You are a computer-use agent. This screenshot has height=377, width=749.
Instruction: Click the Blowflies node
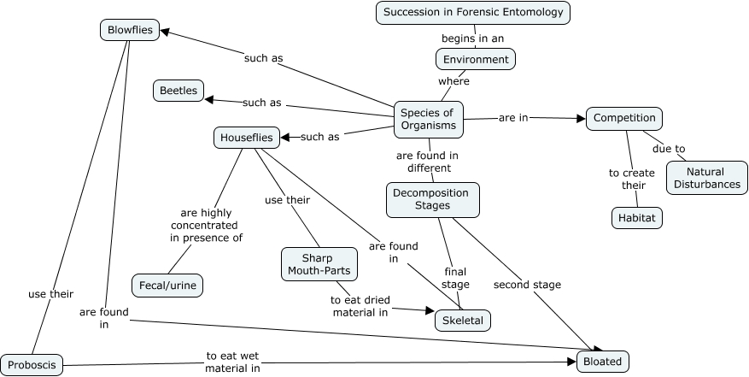(x=130, y=31)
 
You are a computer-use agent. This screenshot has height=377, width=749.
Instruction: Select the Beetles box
(x=178, y=90)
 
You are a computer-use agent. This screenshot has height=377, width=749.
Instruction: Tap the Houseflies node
(x=246, y=137)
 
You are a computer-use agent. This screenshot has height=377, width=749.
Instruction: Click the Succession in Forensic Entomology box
(x=473, y=13)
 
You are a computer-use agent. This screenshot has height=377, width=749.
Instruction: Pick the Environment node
(x=476, y=59)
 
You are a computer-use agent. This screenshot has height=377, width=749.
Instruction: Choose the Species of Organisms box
(x=429, y=118)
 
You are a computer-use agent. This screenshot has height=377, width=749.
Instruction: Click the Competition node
(x=624, y=118)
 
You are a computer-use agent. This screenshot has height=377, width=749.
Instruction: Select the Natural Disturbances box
(x=705, y=179)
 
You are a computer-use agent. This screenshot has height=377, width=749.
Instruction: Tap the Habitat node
(x=637, y=218)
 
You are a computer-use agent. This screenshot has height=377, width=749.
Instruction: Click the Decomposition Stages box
(x=432, y=199)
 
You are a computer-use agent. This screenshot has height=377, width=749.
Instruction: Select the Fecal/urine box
(x=167, y=285)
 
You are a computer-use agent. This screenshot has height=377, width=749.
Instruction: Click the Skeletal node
(x=462, y=321)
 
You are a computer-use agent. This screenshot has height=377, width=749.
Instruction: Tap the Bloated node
(x=603, y=361)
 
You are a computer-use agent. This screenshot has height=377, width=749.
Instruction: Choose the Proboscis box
(x=32, y=364)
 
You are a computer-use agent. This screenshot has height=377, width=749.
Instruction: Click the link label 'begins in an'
(x=472, y=38)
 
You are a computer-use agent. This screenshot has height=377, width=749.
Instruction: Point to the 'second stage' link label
(x=527, y=285)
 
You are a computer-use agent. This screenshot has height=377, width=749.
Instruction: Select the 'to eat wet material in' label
(x=232, y=362)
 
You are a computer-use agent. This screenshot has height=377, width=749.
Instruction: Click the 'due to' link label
(x=669, y=149)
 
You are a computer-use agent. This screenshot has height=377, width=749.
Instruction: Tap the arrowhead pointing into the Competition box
(x=581, y=119)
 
